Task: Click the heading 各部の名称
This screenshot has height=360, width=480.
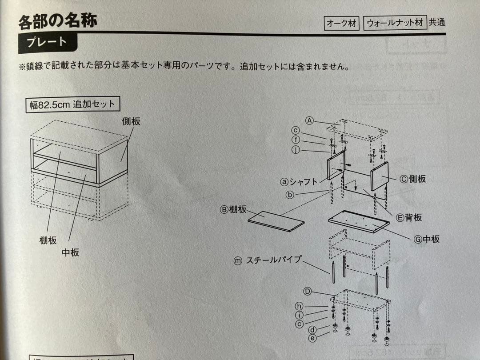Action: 58,21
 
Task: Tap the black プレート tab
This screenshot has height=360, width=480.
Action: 47,43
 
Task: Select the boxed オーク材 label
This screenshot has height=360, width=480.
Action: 341,24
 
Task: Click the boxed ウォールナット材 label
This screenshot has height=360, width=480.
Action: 395,23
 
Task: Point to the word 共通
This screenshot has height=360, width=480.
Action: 436,23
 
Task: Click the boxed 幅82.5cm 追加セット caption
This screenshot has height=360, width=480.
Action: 72,105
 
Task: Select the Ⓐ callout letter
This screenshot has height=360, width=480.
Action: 310,120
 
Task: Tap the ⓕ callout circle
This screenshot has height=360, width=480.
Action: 296,140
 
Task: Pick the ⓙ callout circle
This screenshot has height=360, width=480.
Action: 296,149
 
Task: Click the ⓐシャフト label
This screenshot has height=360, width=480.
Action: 299,181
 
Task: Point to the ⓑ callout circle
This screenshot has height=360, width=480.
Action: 290,194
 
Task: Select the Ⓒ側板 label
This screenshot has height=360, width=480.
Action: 412,179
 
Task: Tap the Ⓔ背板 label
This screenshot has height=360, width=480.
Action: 408,217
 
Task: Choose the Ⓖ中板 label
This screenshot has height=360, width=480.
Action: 426,239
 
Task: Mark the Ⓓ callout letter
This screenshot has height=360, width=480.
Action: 307,291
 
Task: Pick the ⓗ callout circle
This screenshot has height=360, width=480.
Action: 300,306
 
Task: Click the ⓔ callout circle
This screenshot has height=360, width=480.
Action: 312,338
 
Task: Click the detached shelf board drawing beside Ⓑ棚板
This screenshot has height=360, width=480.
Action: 276,221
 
